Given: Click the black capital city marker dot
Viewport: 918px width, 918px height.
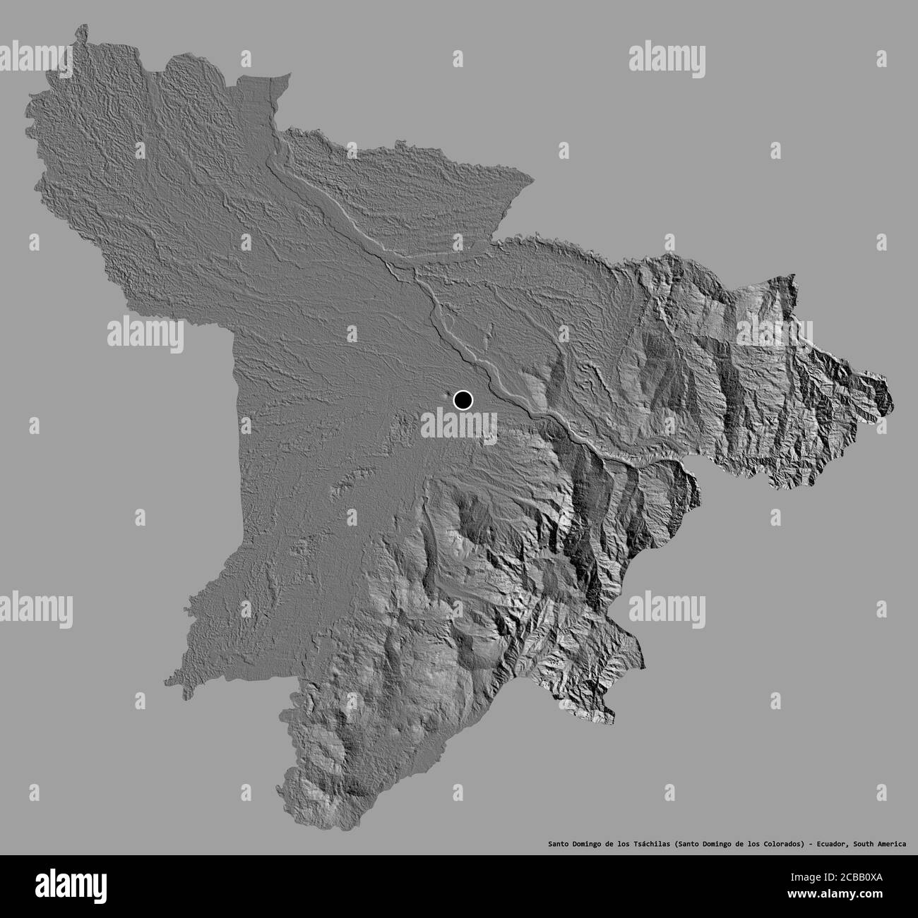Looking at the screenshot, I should (x=463, y=400).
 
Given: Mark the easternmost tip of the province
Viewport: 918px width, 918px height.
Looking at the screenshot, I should (x=892, y=395).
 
